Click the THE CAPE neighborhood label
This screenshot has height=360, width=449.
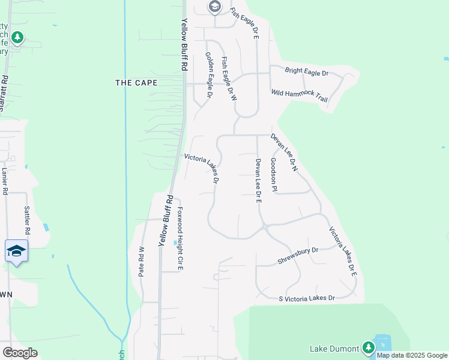[x=136, y=83]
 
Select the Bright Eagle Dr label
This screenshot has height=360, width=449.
[x=307, y=73]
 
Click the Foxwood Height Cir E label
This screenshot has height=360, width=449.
[x=179, y=238]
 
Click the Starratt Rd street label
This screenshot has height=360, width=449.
[x=4, y=93]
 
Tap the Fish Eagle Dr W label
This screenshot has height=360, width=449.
[x=229, y=79]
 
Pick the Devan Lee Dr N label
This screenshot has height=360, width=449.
[x=284, y=152]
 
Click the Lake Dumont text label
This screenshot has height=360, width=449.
[x=334, y=348]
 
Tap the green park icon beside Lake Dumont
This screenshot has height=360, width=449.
[x=369, y=347]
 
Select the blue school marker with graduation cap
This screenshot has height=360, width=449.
[x=16, y=251]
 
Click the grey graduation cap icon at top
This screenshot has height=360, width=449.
[x=214, y=7]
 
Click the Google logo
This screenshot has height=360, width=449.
[x=20, y=353]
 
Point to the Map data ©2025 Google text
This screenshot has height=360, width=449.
[x=412, y=355]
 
